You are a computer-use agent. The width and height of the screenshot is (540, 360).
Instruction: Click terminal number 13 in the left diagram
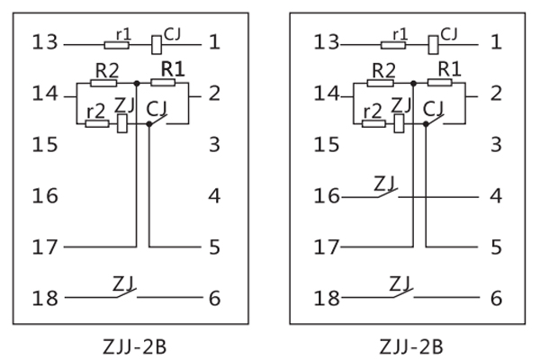click(44, 40)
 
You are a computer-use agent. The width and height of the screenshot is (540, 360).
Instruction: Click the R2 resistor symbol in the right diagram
click(381, 83)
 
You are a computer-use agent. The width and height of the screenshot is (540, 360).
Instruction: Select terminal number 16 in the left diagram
click(44, 194)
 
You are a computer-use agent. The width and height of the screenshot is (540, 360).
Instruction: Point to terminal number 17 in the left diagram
click(44, 246)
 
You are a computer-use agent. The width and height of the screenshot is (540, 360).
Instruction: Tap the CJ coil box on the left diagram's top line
click(156, 41)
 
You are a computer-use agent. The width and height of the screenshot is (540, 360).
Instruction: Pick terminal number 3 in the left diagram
click(213, 143)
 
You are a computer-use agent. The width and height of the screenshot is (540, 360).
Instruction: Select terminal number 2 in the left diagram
click(213, 93)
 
